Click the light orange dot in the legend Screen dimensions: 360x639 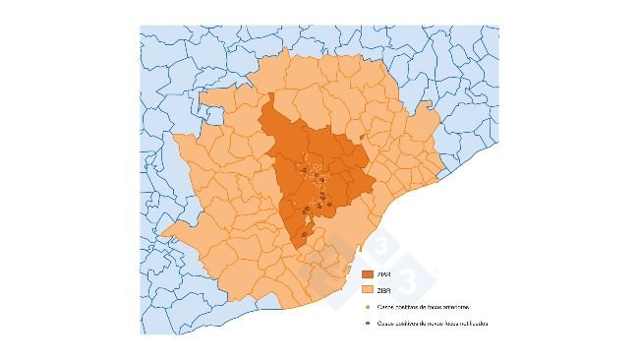[x=367, y=307]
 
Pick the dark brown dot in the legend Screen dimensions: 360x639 [x=367, y=324]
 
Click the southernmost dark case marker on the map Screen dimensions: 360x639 [x=305, y=234]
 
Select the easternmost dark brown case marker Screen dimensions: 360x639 [x=330, y=204]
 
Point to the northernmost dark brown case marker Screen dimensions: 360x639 [x=305, y=169]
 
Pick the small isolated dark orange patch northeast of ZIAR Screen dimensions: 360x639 [x=363, y=136]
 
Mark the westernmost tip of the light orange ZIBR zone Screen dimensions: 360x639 [x=162, y=235]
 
